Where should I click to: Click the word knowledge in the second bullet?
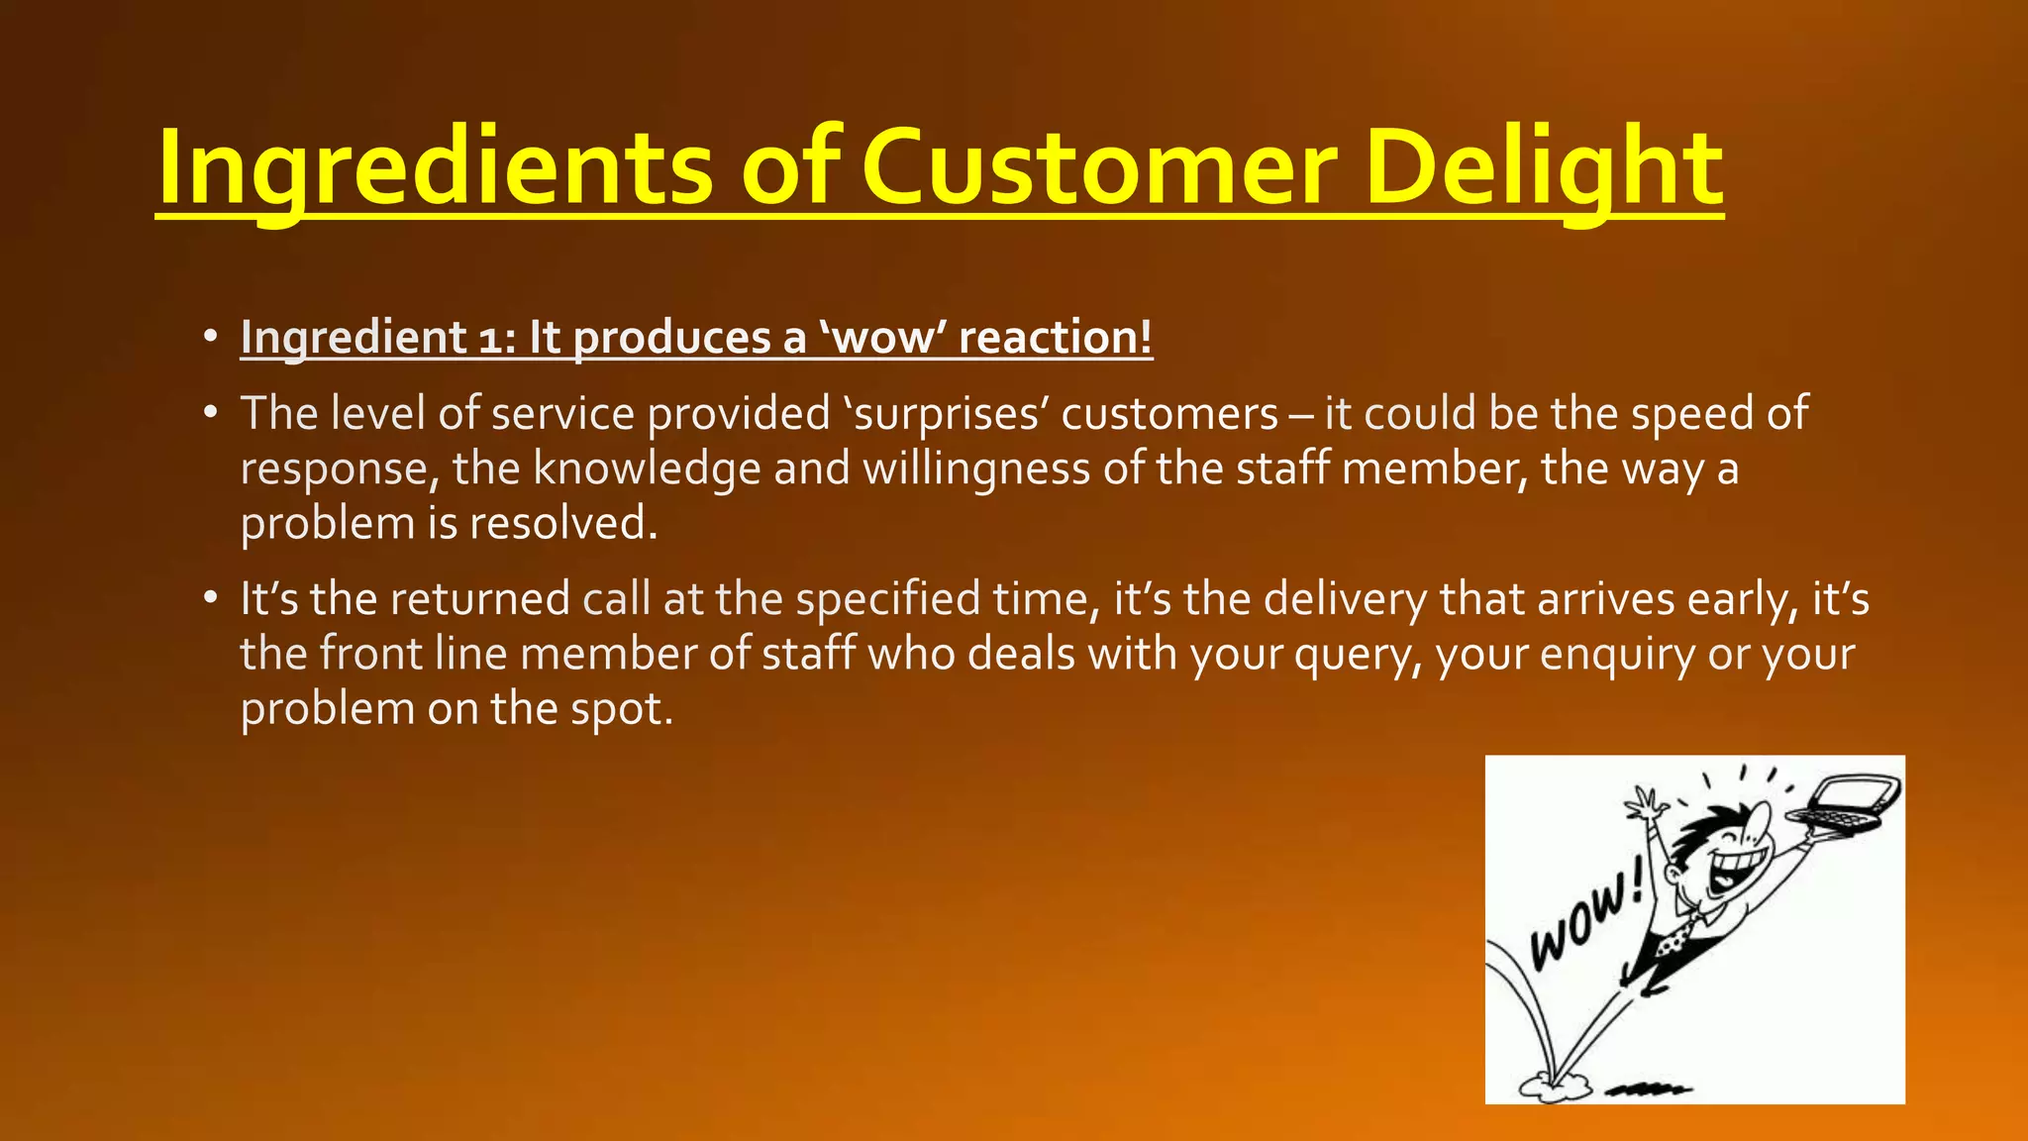(x=647, y=468)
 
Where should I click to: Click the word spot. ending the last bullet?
(x=622, y=709)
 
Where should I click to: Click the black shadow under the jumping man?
(x=1647, y=1089)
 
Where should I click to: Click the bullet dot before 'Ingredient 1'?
(x=210, y=338)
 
